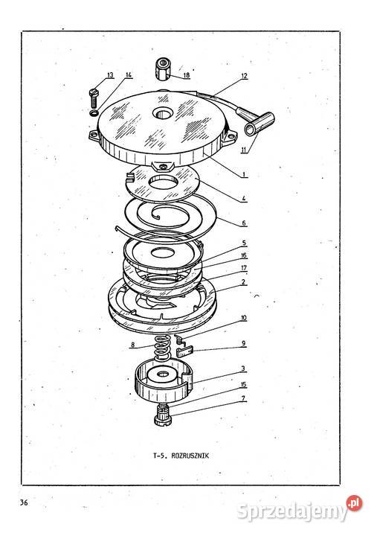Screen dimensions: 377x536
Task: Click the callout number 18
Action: pos(187,75)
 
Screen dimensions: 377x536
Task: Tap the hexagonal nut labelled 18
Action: pos(164,69)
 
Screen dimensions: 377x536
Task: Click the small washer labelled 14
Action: pos(94,113)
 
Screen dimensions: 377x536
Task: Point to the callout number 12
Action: pos(244,76)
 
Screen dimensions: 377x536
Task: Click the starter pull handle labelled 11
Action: pos(260,123)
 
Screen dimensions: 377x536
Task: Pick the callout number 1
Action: pos(244,175)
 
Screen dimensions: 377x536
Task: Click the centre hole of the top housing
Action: pos(164,113)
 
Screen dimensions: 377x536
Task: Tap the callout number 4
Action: pos(244,198)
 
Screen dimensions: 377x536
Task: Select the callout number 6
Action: pos(244,223)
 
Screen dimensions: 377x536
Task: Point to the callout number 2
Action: pos(243,282)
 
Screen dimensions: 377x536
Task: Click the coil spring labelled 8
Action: pos(163,347)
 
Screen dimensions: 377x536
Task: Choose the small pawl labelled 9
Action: pos(185,351)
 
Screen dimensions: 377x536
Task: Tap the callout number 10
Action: pos(243,319)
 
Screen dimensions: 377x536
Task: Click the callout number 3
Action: pos(243,368)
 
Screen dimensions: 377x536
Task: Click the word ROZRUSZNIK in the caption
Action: pos(190,456)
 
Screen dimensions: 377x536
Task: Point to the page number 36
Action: pos(24,502)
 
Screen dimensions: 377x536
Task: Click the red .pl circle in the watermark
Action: pos(354,503)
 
